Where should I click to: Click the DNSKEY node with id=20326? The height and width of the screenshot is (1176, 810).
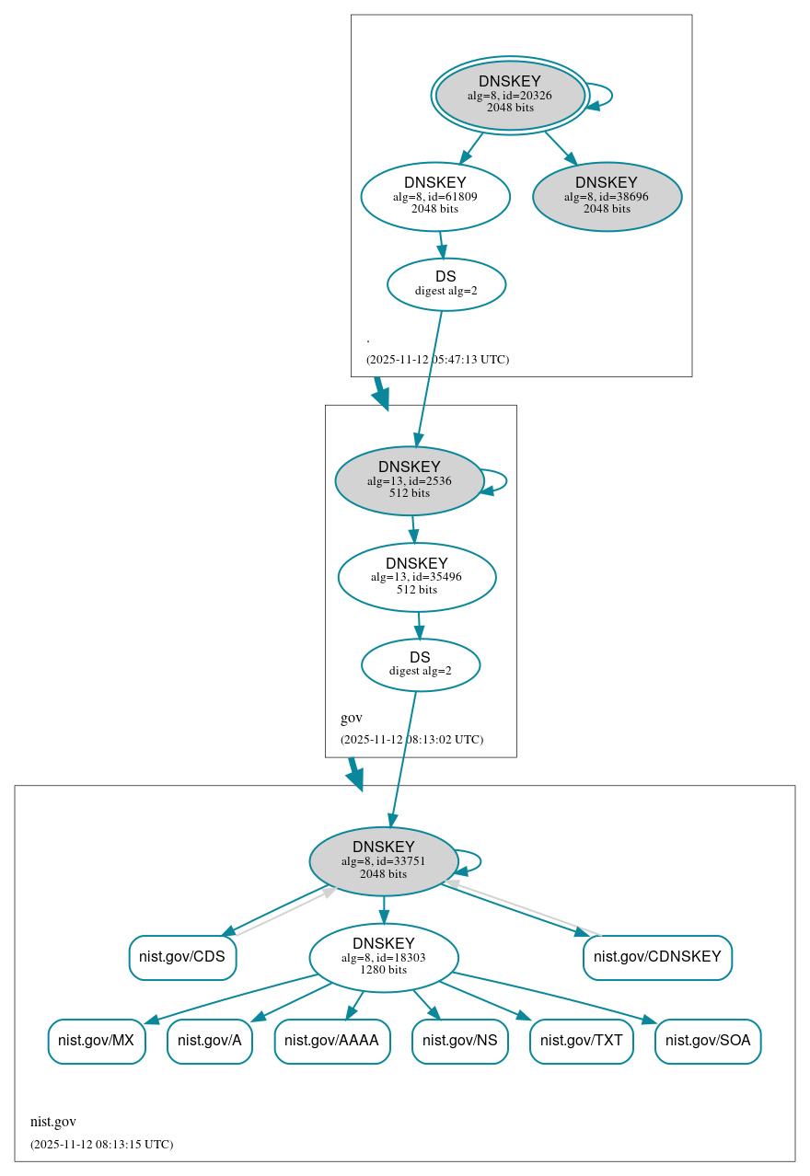510,95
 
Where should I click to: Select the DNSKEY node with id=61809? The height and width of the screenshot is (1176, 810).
435,196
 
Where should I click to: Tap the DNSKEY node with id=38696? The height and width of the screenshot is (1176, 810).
607,196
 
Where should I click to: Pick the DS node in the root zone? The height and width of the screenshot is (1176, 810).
446,284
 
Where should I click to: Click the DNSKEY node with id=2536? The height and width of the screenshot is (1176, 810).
410,480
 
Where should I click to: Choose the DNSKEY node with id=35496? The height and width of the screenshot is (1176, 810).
417,577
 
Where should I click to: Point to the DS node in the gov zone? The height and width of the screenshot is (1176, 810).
421,664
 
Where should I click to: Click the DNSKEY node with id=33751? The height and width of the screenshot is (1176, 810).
384,861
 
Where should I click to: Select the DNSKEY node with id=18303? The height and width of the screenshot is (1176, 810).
384,958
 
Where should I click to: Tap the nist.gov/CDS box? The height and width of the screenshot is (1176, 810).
182,957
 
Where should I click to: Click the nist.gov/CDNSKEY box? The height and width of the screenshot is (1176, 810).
657,957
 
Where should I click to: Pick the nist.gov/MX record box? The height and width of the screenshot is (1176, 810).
97,1041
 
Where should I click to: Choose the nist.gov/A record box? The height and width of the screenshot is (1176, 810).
210,1041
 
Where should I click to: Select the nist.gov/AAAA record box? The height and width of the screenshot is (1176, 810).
332,1041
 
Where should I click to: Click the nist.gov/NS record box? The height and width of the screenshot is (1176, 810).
460,1041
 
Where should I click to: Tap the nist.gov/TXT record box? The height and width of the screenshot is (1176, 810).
582,1041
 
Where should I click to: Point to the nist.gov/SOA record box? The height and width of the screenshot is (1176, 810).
708,1041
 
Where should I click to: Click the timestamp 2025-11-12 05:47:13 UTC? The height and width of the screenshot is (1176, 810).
437,360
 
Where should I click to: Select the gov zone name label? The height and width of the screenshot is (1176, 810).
352,718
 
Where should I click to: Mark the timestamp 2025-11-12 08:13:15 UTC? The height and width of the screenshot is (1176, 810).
101,1145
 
